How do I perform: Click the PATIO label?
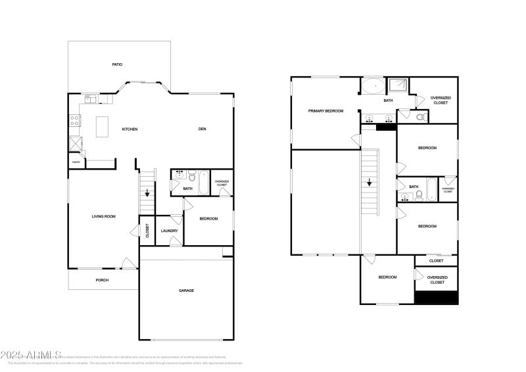click(x=117, y=64)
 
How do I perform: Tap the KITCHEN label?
click(x=130, y=129)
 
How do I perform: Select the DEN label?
click(x=203, y=129)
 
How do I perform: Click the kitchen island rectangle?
click(x=103, y=127)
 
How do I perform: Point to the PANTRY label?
click(x=76, y=161)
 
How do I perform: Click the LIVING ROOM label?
click(x=103, y=216)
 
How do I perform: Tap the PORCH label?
click(x=102, y=280)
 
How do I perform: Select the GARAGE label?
click(x=186, y=290)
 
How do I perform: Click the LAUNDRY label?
click(x=169, y=231)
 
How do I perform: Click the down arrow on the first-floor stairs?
click(x=147, y=193)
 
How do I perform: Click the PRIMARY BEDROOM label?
click(x=325, y=111)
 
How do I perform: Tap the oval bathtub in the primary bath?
click(x=373, y=86)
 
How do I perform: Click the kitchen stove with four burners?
click(x=75, y=120)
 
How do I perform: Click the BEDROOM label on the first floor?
click(x=208, y=219)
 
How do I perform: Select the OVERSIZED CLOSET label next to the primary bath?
click(x=441, y=101)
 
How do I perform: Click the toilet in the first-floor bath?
click(x=192, y=176)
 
